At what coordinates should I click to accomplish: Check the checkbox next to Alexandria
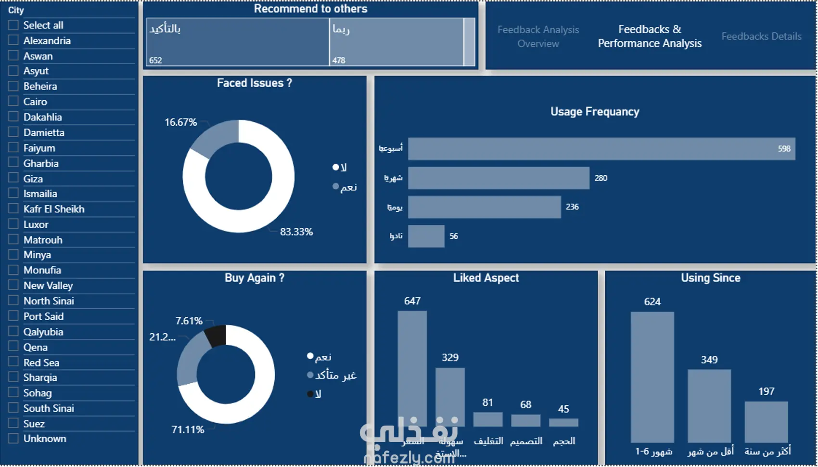(13, 40)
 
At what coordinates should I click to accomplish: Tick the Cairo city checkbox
(13, 102)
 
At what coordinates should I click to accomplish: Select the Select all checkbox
(13, 25)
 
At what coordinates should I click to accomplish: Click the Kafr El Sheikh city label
(53, 209)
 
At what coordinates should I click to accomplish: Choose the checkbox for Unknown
(13, 439)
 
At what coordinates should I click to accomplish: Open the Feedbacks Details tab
(761, 36)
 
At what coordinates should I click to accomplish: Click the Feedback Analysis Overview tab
(538, 36)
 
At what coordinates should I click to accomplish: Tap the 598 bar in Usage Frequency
(601, 149)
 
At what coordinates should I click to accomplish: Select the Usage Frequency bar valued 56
(426, 236)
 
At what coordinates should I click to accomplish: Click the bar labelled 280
(498, 178)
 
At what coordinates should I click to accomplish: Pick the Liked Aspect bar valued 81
(487, 419)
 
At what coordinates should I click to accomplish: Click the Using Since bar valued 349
(709, 405)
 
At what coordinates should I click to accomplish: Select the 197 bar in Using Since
(766, 421)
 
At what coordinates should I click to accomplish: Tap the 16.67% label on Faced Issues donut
(180, 122)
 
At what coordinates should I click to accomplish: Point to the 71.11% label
(188, 429)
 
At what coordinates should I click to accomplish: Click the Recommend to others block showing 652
(237, 42)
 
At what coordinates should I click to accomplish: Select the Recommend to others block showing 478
(396, 42)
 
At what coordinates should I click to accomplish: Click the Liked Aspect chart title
(486, 278)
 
